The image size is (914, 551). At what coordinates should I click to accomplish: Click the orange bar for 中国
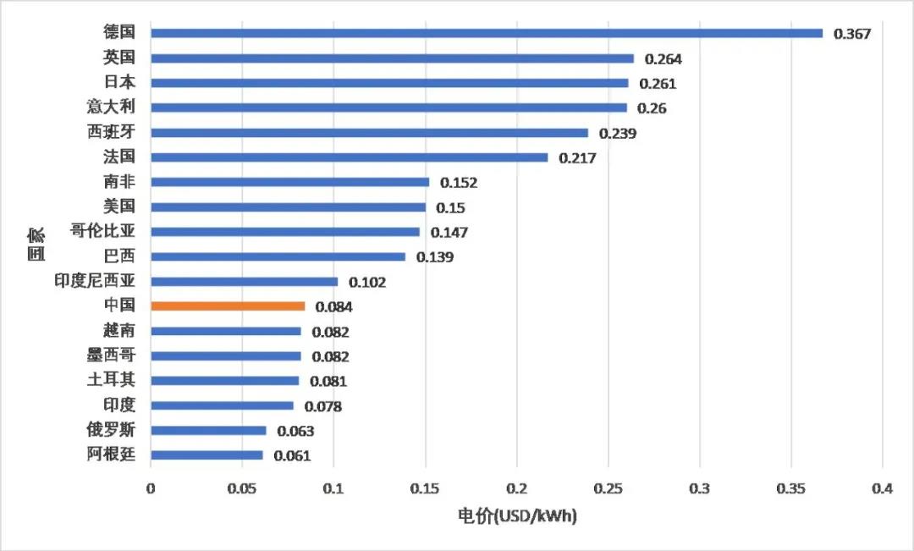coord(227,306)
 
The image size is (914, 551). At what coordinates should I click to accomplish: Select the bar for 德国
coord(486,33)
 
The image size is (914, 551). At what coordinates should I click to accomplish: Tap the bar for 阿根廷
coord(206,455)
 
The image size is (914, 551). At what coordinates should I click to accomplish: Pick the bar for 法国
coord(349,157)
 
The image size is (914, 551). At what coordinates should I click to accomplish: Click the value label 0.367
coord(852,34)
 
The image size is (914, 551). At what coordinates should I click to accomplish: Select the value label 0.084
coord(333,307)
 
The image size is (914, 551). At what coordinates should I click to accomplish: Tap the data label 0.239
coord(618,134)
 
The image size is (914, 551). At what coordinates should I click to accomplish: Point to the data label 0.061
coord(292,456)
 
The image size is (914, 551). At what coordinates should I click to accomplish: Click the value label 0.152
coord(459,183)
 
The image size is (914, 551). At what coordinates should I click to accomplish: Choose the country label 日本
coord(119,83)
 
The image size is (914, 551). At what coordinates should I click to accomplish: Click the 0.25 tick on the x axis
coord(608,489)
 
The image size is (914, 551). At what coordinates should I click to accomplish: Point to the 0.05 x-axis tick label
coord(242,489)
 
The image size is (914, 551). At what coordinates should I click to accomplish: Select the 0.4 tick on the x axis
coord(882,489)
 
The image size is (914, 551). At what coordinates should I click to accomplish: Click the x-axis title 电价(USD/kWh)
coord(517,515)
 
